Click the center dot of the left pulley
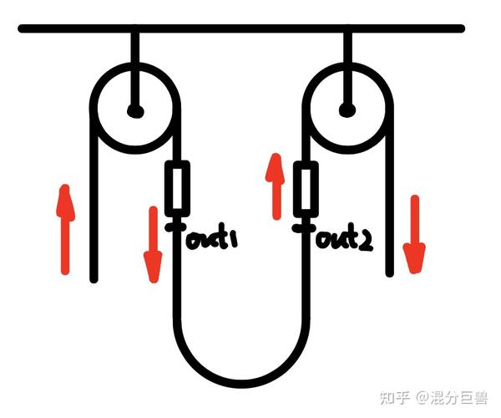point(134,110)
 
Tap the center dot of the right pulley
point(347,109)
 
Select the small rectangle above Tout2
point(307,189)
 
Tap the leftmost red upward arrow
point(64,230)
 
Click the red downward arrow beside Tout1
point(152,242)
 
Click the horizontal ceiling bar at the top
point(242,29)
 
